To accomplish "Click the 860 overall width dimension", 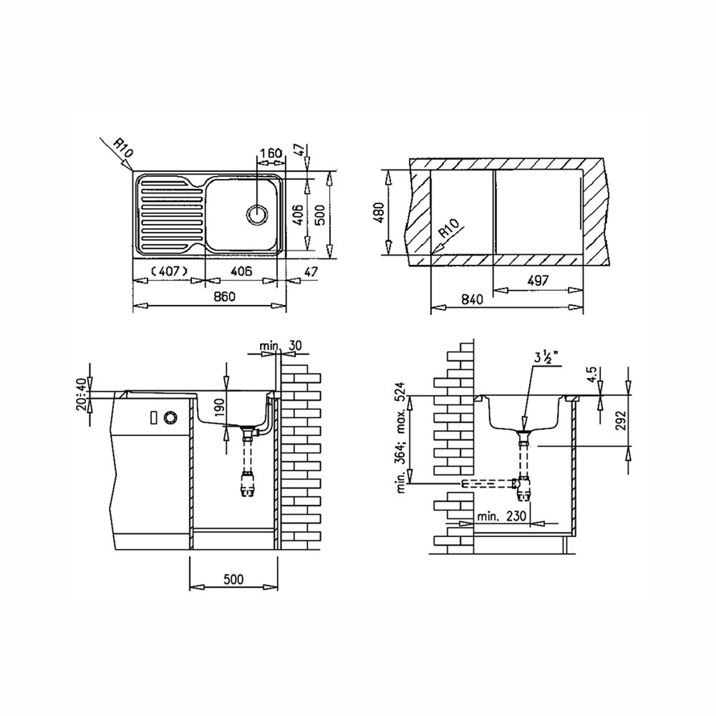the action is tap(225, 296).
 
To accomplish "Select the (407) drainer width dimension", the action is tap(168, 271).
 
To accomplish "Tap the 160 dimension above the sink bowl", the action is tap(271, 153).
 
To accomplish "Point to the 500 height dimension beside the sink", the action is tap(320, 215).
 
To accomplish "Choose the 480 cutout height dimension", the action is tap(379, 212).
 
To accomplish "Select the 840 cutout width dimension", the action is tap(472, 299).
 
